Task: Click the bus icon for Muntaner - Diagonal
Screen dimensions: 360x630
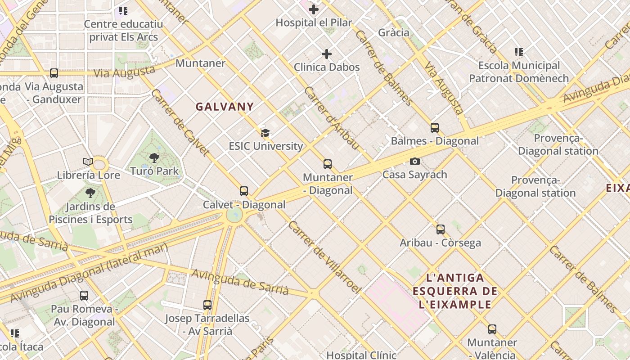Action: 328,164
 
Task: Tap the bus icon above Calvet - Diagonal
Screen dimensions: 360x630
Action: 244,191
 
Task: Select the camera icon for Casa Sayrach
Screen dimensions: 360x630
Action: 414,161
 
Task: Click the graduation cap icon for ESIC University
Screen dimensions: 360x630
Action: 265,133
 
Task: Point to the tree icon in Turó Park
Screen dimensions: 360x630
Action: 154,157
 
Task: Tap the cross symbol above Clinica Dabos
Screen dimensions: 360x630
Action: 327,54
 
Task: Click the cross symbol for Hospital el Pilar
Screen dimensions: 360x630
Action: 314,9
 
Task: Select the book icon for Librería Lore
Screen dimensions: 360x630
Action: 88,162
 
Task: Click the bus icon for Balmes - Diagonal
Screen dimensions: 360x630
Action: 435,127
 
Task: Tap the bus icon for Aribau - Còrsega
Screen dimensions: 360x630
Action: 441,229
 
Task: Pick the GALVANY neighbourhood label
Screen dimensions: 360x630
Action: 225,107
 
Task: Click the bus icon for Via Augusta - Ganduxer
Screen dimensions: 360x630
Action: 54,73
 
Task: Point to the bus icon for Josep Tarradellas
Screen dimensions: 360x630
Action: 207,305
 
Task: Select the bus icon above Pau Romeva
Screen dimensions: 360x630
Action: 84,296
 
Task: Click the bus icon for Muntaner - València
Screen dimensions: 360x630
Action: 492,329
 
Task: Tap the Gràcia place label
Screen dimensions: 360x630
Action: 394,32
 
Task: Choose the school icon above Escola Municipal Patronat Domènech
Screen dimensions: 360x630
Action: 519,52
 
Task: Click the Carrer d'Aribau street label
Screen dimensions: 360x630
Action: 332,118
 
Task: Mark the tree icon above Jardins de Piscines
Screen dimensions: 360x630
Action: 90,193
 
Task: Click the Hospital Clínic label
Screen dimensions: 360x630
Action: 361,355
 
